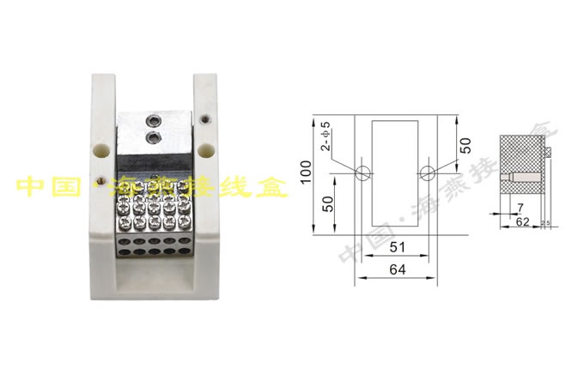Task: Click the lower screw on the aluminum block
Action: pyautogui.click(x=155, y=136)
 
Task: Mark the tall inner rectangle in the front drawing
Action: pyautogui.click(x=395, y=172)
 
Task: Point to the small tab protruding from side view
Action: pyautogui.click(x=547, y=153)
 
